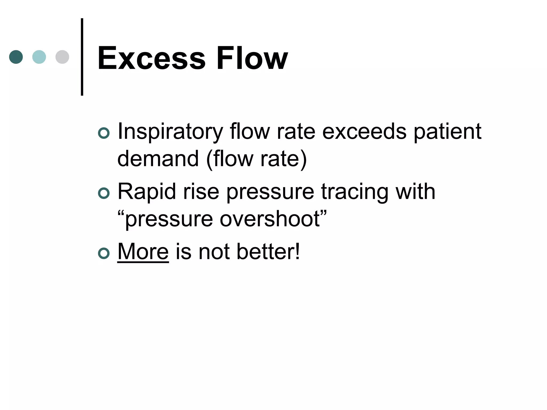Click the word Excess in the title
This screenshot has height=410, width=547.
tap(151, 58)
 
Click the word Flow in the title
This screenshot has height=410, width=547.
tap(252, 58)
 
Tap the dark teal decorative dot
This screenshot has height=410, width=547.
tap(16, 57)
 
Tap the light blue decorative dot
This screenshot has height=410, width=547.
tap(39, 57)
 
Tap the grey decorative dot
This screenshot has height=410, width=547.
tap(62, 57)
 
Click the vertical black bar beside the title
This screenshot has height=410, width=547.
tap(82, 57)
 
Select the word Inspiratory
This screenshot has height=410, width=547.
tap(170, 132)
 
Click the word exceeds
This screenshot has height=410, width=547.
tap(364, 131)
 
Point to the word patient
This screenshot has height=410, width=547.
tap(447, 131)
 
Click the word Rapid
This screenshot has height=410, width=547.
tap(147, 192)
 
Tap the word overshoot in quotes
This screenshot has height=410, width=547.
tap(270, 219)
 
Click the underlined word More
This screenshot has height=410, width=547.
tap(143, 251)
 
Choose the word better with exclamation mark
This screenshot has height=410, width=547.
tap(268, 251)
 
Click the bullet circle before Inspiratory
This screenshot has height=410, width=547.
tap(104, 133)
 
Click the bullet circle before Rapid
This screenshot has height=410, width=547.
tap(104, 193)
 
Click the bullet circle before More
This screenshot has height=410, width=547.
tap(104, 253)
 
